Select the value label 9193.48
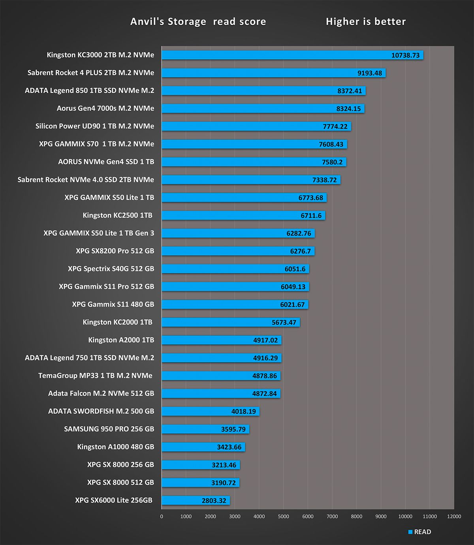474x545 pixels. [x=370, y=73]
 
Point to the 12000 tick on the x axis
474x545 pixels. [x=454, y=517]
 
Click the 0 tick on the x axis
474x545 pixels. [x=162, y=517]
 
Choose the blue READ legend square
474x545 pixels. [x=410, y=532]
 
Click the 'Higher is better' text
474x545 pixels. [x=366, y=22]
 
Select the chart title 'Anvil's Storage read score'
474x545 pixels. [x=198, y=22]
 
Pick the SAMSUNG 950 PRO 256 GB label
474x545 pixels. [x=109, y=429]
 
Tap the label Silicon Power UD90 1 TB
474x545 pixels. [x=95, y=126]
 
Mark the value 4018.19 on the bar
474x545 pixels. [x=243, y=412]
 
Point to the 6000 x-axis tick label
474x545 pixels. [x=308, y=517]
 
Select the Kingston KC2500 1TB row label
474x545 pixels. [x=117, y=215]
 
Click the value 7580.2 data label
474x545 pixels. [x=332, y=162]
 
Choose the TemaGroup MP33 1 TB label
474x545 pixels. [x=95, y=376]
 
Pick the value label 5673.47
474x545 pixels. [x=284, y=323]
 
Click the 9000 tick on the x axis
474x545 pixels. [x=381, y=517]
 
